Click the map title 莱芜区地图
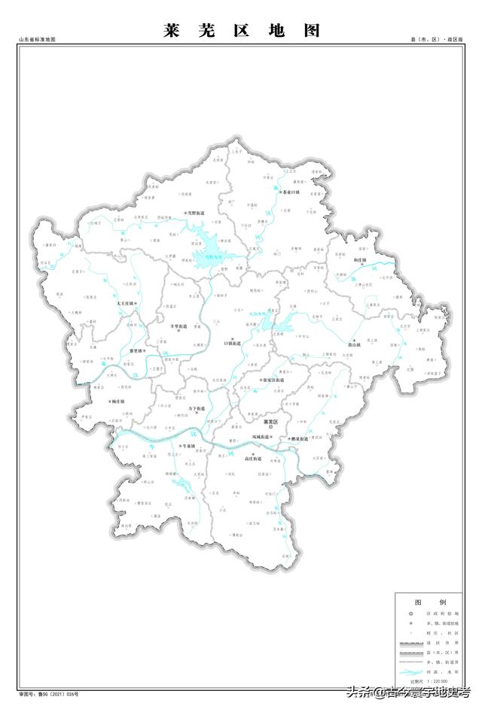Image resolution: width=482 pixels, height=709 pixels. click(241, 30)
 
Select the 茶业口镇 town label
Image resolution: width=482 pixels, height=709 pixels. click(290, 192)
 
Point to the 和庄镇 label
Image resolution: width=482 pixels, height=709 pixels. click(359, 261)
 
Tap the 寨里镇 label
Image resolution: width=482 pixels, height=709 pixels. click(138, 351)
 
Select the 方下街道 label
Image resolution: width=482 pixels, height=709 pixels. click(194, 408)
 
